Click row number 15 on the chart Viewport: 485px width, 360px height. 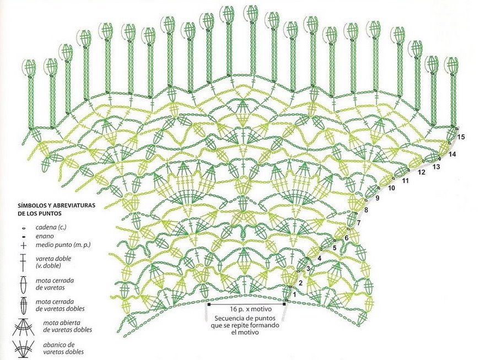tap(461, 137)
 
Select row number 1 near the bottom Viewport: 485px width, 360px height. tap(295, 294)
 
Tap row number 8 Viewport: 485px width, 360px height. tap(365, 210)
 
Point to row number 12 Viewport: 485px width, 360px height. tap(422, 172)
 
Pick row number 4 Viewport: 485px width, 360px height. tap(319, 257)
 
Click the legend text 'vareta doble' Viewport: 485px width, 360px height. tap(54, 258)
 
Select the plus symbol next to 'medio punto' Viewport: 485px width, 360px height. tap(23, 246)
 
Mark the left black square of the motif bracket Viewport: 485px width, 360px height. tap(209, 304)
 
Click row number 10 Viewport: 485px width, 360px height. tap(392, 188)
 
